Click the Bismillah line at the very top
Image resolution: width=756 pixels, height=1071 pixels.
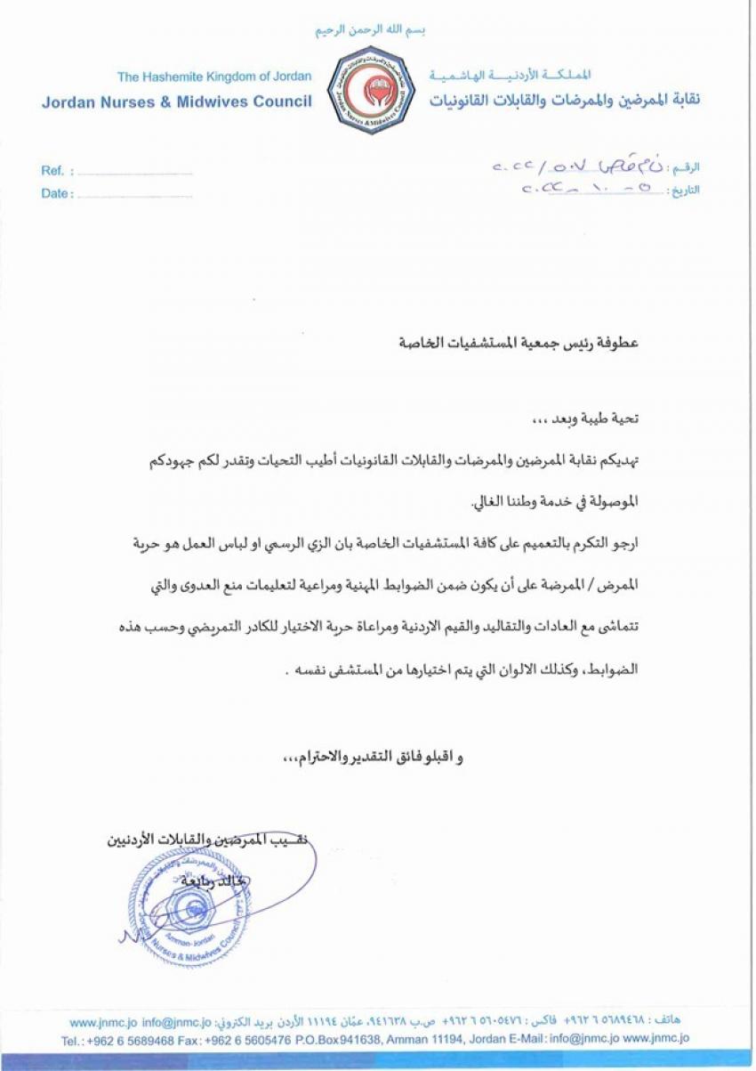point(371,30)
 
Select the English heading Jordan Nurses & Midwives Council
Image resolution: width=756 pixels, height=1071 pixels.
point(176,101)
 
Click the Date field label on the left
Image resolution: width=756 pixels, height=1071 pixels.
point(57,194)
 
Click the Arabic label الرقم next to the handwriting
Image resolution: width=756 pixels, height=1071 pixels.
point(687,167)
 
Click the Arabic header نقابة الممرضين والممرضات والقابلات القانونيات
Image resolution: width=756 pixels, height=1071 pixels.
point(564,100)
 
